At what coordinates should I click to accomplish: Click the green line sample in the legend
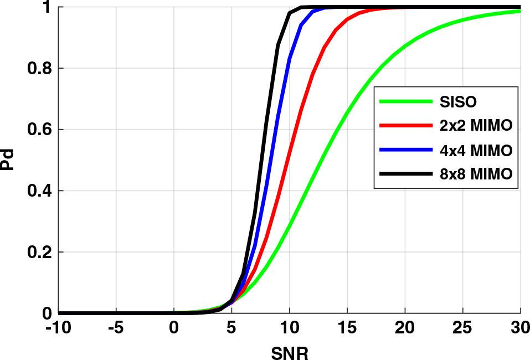405,102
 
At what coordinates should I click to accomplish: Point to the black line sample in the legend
405,174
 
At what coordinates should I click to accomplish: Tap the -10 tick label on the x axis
58,328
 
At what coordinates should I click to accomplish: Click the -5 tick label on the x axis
116,328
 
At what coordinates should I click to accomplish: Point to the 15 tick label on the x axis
347,328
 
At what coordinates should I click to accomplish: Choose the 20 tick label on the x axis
405,328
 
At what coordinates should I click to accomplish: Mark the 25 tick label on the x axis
462,328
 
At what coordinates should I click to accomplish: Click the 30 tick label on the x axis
518,328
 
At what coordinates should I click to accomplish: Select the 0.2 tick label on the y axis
41,252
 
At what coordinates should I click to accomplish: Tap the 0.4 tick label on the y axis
41,191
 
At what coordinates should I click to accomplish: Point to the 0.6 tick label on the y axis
41,130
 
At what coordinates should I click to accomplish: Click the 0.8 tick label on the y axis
41,68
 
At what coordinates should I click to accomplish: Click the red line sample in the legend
405,126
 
